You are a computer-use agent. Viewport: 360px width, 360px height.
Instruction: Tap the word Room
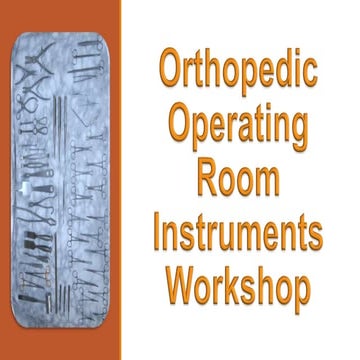point(238,180)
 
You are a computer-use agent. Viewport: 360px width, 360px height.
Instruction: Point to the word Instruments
point(238,234)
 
